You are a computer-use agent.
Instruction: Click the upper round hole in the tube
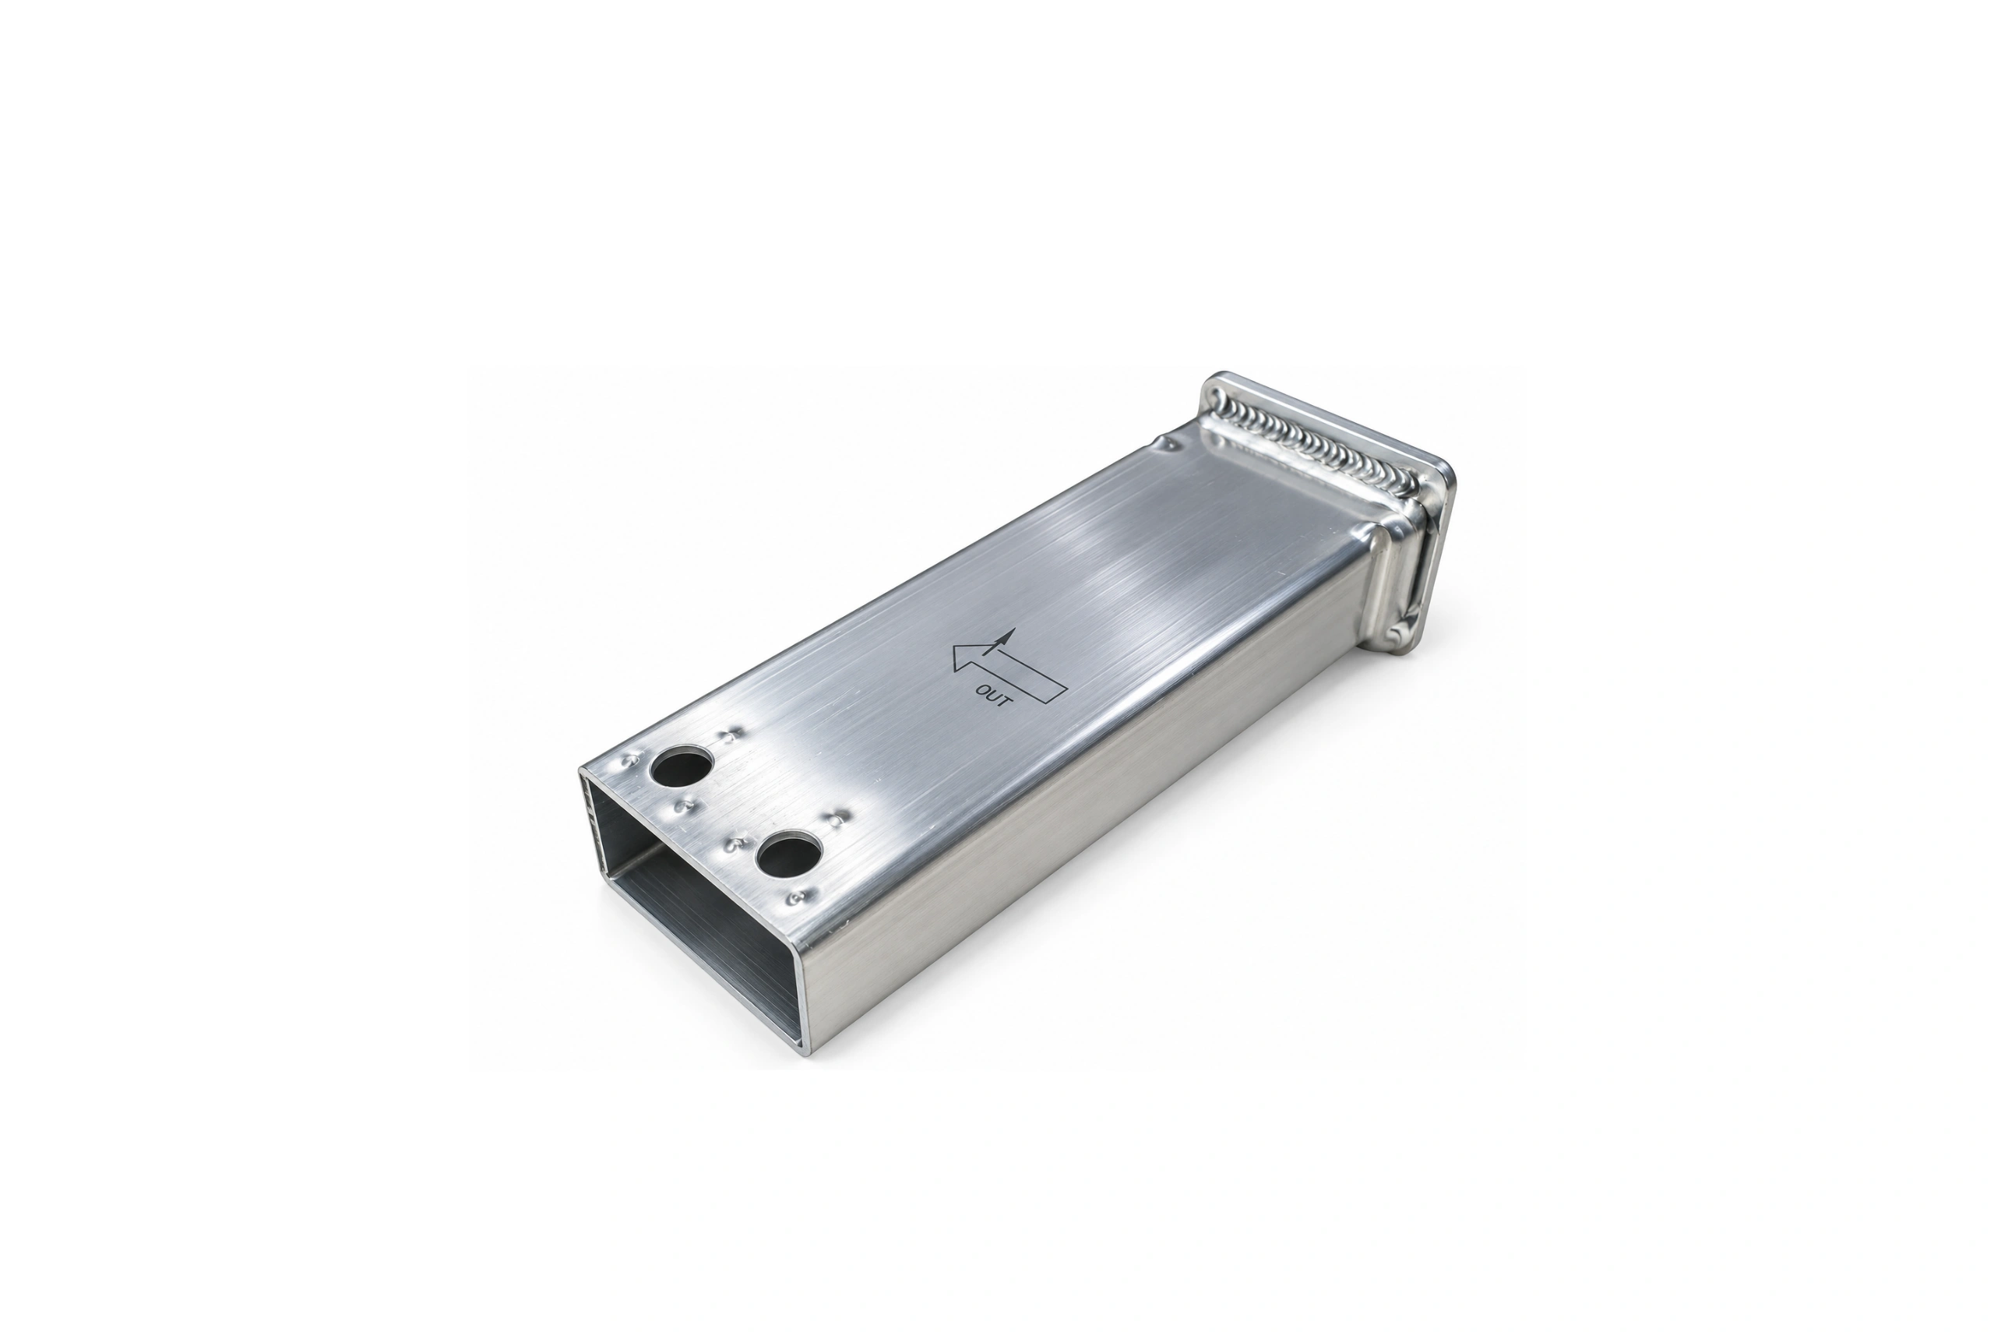680,766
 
